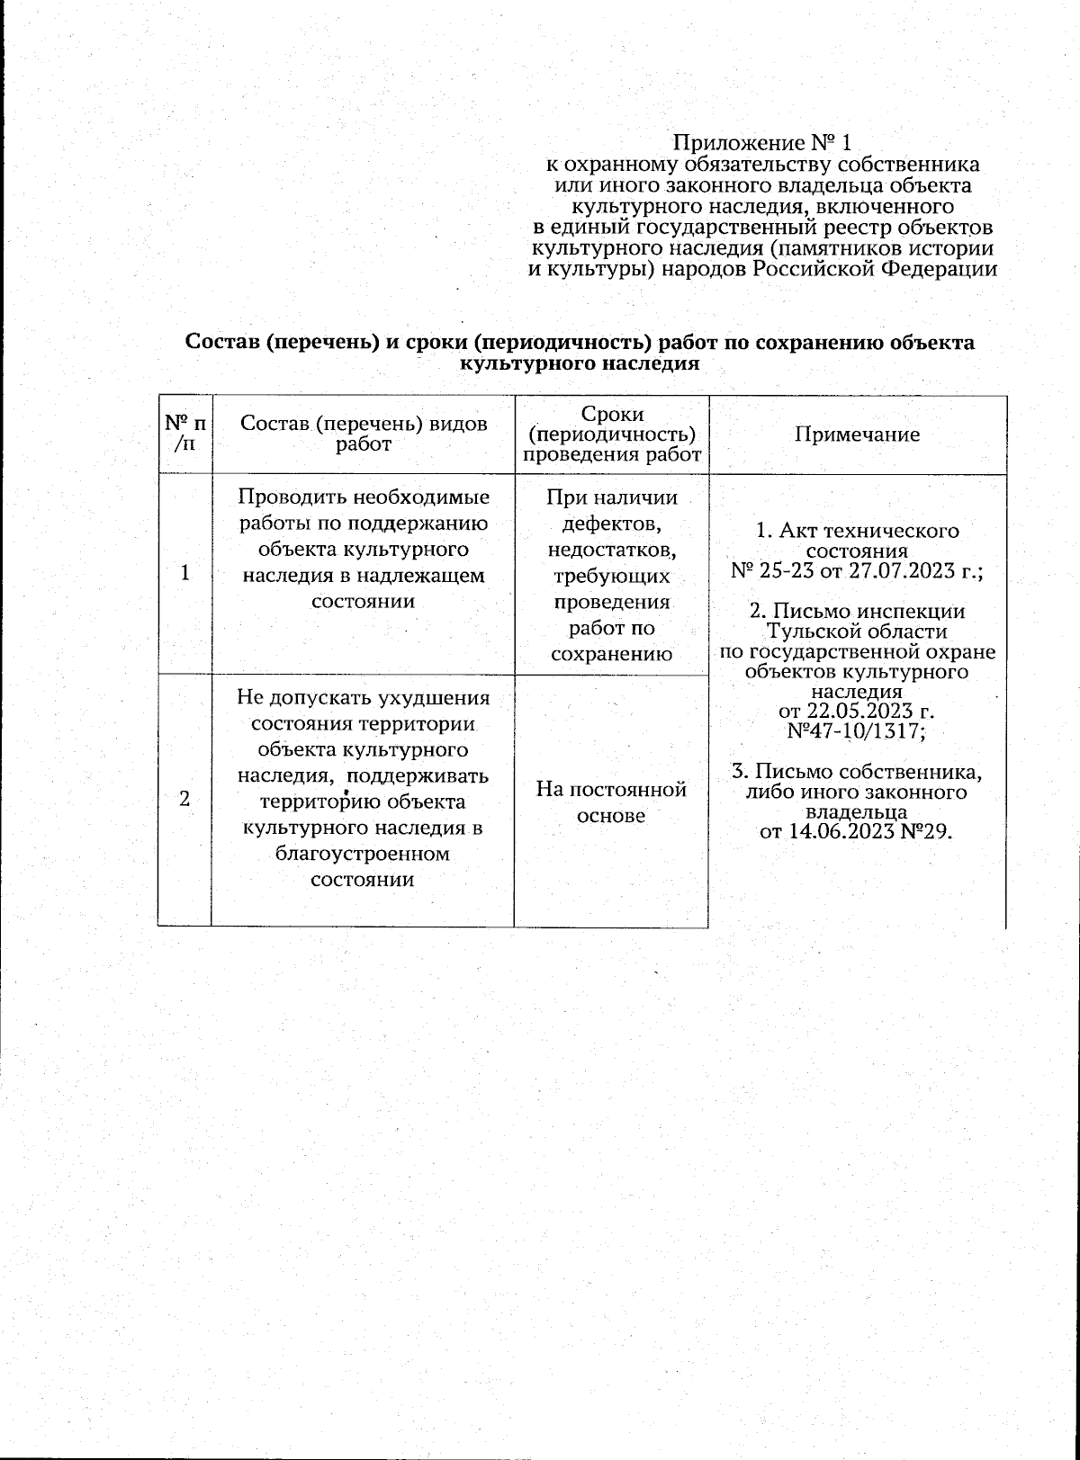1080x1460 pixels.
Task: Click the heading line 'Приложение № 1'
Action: [x=761, y=143]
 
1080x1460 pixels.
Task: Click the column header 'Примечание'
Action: [x=857, y=434]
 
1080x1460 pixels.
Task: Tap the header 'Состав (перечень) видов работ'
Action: [x=364, y=434]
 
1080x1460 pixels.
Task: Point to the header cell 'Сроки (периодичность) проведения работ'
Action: [x=612, y=434]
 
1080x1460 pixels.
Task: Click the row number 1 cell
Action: [x=185, y=573]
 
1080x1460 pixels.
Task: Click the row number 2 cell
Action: [x=185, y=799]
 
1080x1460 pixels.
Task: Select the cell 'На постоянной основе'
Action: [x=612, y=802]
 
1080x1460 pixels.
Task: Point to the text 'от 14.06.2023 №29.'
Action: [x=856, y=830]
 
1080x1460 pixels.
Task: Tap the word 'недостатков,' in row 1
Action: [x=612, y=549]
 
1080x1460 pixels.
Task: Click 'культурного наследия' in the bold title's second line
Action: [x=580, y=364]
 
